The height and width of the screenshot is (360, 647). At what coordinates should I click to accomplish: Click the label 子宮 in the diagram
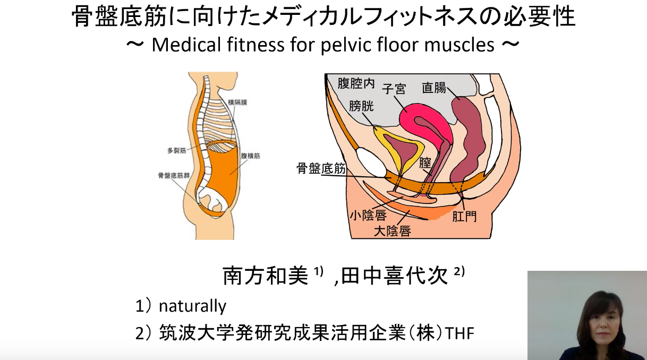click(x=394, y=89)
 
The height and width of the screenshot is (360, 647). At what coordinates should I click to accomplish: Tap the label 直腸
click(x=434, y=88)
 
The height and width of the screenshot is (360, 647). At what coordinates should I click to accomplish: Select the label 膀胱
click(x=361, y=106)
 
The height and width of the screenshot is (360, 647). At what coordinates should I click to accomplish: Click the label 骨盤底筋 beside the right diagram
click(x=321, y=169)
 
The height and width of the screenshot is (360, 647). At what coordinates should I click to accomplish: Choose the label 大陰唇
click(x=392, y=231)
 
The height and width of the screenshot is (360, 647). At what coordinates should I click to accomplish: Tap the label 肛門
click(x=464, y=217)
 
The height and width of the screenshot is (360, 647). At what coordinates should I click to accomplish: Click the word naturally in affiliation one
click(x=192, y=306)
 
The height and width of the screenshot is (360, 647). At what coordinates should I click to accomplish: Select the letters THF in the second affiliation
click(x=459, y=333)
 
